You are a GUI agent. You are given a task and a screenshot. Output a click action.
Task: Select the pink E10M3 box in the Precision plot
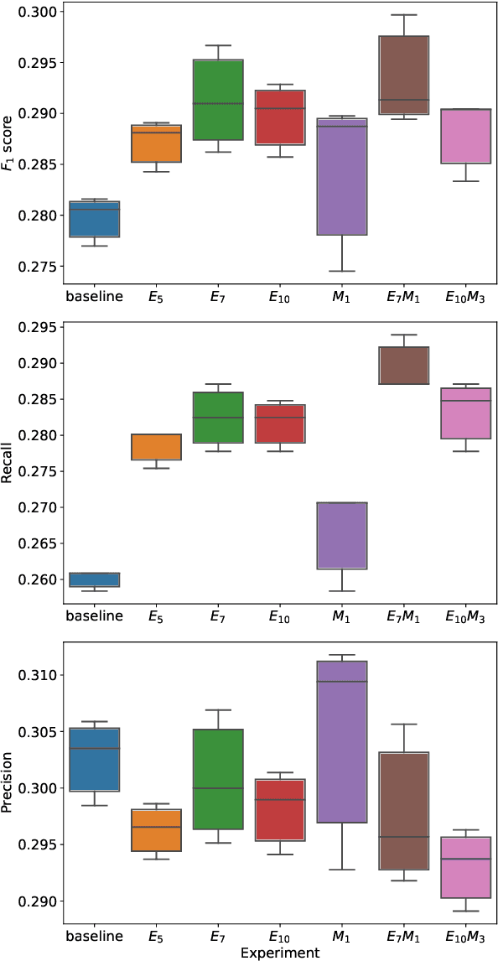click(x=465, y=867)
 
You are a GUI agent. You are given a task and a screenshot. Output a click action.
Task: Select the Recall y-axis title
click(x=10, y=460)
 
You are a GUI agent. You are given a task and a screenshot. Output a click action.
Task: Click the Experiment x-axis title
click(x=279, y=953)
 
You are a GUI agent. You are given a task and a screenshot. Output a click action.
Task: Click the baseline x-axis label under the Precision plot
click(x=94, y=936)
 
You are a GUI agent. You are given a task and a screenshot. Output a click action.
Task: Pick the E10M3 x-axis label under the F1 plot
click(x=465, y=296)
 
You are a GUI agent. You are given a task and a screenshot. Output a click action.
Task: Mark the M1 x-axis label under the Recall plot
click(x=341, y=616)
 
